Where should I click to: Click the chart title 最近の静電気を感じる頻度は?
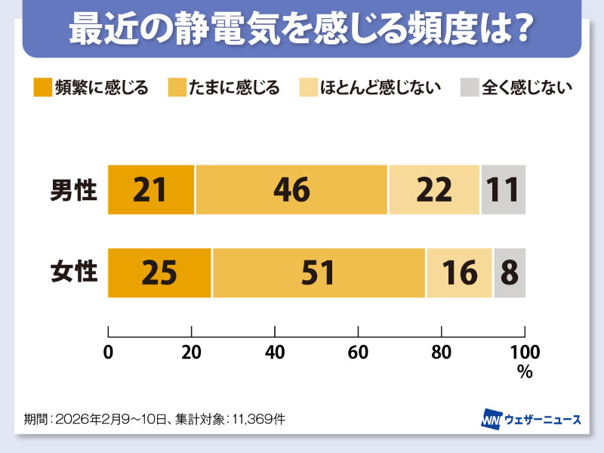pyautogui.click(x=302, y=29)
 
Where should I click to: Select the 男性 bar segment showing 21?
pyautogui.click(x=151, y=190)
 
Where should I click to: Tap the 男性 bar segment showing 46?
pyautogui.click(x=291, y=190)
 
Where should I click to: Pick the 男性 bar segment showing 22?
pyautogui.click(x=434, y=190)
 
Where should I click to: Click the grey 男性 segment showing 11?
pyautogui.click(x=503, y=190)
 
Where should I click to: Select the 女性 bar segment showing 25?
pyautogui.click(x=159, y=273)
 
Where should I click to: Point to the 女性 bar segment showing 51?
pyautogui.click(x=319, y=273)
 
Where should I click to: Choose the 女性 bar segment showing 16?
pyautogui.click(x=459, y=273)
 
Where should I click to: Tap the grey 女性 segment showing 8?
pyautogui.click(x=509, y=273)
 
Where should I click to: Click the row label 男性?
pyautogui.click(x=74, y=190)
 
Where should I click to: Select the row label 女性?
pyautogui.click(x=74, y=272)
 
